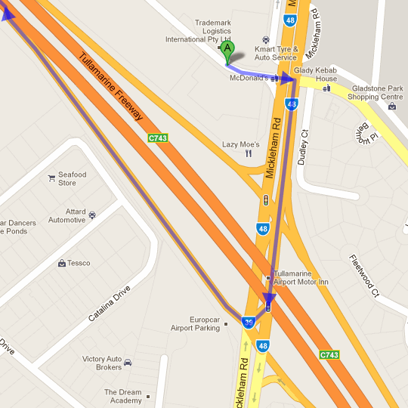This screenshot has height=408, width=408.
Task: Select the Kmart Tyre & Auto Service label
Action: tap(276, 53)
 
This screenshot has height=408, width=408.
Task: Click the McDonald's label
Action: tap(249, 78)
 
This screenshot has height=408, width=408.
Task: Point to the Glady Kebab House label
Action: tap(316, 74)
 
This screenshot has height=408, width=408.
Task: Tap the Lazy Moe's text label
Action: tap(240, 144)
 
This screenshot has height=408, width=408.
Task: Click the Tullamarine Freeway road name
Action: tap(110, 88)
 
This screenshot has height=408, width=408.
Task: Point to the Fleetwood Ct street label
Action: tap(362, 275)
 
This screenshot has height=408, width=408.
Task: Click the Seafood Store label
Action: tap(72, 178)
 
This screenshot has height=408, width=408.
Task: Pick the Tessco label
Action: tap(79, 263)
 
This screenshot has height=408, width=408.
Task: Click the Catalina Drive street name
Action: tap(109, 304)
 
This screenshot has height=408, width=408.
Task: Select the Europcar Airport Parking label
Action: tap(196, 324)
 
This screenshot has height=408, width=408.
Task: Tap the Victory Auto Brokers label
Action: tap(102, 363)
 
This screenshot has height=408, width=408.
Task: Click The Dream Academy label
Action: tap(123, 396)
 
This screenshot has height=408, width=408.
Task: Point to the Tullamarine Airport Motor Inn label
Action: tap(301, 277)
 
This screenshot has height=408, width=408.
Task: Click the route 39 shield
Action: tap(249, 323)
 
